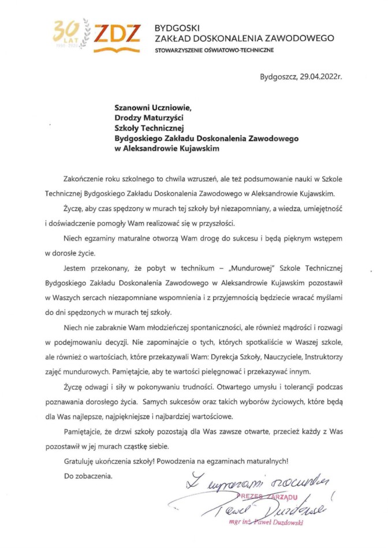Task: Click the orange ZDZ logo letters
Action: pos(117,35)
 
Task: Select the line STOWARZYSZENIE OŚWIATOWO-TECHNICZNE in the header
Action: pos(215,51)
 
